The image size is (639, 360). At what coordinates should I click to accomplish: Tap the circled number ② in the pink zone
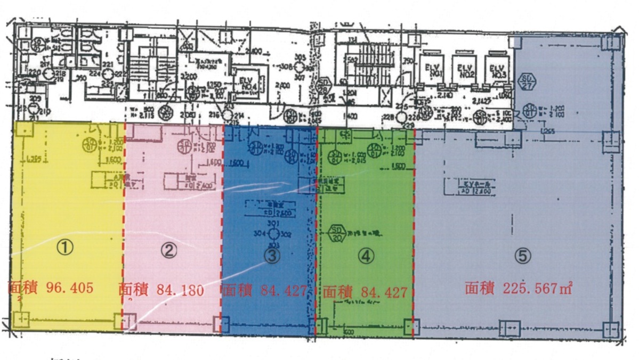[x=168, y=251]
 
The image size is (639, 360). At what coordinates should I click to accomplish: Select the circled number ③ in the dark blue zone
[x=272, y=256]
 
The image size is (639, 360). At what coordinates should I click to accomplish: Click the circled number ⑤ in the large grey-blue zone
[x=523, y=256]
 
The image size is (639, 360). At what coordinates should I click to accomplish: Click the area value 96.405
[x=70, y=288]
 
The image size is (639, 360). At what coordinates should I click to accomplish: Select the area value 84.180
[x=180, y=290]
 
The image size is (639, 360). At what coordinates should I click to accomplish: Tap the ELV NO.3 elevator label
[x=497, y=71]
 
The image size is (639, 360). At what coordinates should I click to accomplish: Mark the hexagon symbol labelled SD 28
[x=323, y=85]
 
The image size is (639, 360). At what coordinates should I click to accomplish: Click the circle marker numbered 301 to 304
[x=273, y=233]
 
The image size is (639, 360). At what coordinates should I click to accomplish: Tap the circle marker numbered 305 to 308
[x=300, y=67]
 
